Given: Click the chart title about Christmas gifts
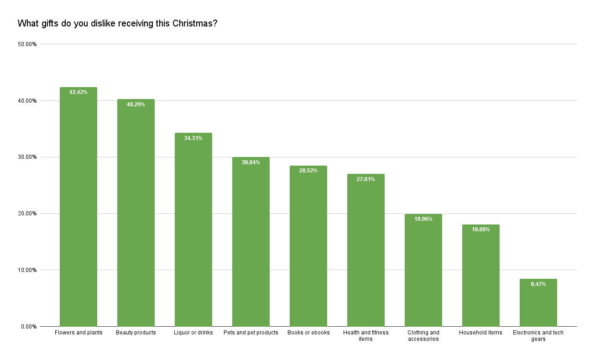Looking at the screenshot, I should pyautogui.click(x=117, y=23).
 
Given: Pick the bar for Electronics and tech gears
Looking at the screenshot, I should pyautogui.click(x=538, y=303).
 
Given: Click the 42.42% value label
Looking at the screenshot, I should pyautogui.click(x=78, y=92).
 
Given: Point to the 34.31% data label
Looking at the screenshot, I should pyautogui.click(x=193, y=138).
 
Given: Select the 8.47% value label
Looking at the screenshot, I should pyautogui.click(x=538, y=284).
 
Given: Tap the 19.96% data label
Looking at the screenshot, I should pyautogui.click(x=423, y=219).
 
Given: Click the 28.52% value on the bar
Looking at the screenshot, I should pyautogui.click(x=308, y=171).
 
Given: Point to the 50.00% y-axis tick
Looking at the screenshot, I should pyautogui.click(x=27, y=44).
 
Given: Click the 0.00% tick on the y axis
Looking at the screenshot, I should pyautogui.click(x=28, y=327).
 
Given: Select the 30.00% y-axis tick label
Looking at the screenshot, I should pyautogui.click(x=27, y=157).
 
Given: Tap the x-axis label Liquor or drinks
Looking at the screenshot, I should pyautogui.click(x=193, y=333).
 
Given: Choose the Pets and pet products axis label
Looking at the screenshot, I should pyautogui.click(x=251, y=333).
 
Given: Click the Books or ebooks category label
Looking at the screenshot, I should pyautogui.click(x=308, y=333).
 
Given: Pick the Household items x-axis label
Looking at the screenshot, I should pyautogui.click(x=481, y=333).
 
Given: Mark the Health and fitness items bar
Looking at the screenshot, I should pyautogui.click(x=366, y=251).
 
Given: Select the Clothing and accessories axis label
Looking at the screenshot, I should pyautogui.click(x=423, y=336).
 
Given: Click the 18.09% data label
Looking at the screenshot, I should pyautogui.click(x=481, y=230).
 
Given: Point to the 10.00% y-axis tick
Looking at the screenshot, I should pyautogui.click(x=27, y=270).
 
